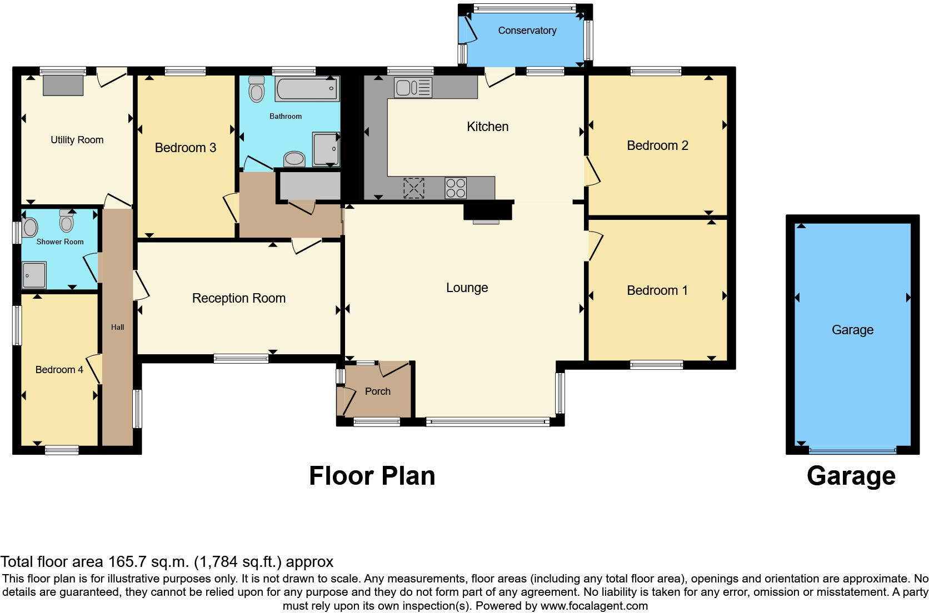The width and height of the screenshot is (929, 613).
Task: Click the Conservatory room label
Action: click(x=527, y=31)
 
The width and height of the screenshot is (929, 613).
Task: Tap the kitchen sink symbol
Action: click(x=413, y=88)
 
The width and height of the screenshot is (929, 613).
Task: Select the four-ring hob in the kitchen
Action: click(x=456, y=188)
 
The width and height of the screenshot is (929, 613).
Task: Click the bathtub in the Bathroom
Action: click(x=307, y=89)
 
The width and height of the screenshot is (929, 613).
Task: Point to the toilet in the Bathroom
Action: click(x=256, y=89)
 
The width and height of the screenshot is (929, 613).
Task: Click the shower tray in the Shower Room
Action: click(x=34, y=275)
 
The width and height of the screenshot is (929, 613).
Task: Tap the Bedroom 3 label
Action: click(x=185, y=148)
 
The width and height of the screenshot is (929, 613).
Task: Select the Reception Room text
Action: click(x=239, y=298)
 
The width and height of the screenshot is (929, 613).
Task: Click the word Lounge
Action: click(x=467, y=288)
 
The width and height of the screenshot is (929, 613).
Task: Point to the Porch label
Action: click(x=378, y=391)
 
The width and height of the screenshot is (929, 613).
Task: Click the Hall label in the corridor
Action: click(x=117, y=327)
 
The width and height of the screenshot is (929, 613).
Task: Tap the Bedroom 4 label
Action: click(x=59, y=370)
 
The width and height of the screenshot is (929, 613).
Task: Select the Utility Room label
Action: click(x=77, y=140)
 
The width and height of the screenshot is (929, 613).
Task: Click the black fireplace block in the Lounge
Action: click(x=487, y=212)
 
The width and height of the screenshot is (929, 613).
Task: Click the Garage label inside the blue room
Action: click(x=852, y=330)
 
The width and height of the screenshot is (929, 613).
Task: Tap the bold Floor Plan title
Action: click(x=372, y=476)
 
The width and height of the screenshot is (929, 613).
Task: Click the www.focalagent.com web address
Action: click(x=594, y=606)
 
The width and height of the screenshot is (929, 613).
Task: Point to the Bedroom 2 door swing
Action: click(x=593, y=172)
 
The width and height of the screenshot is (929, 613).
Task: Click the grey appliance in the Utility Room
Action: click(x=63, y=85)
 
